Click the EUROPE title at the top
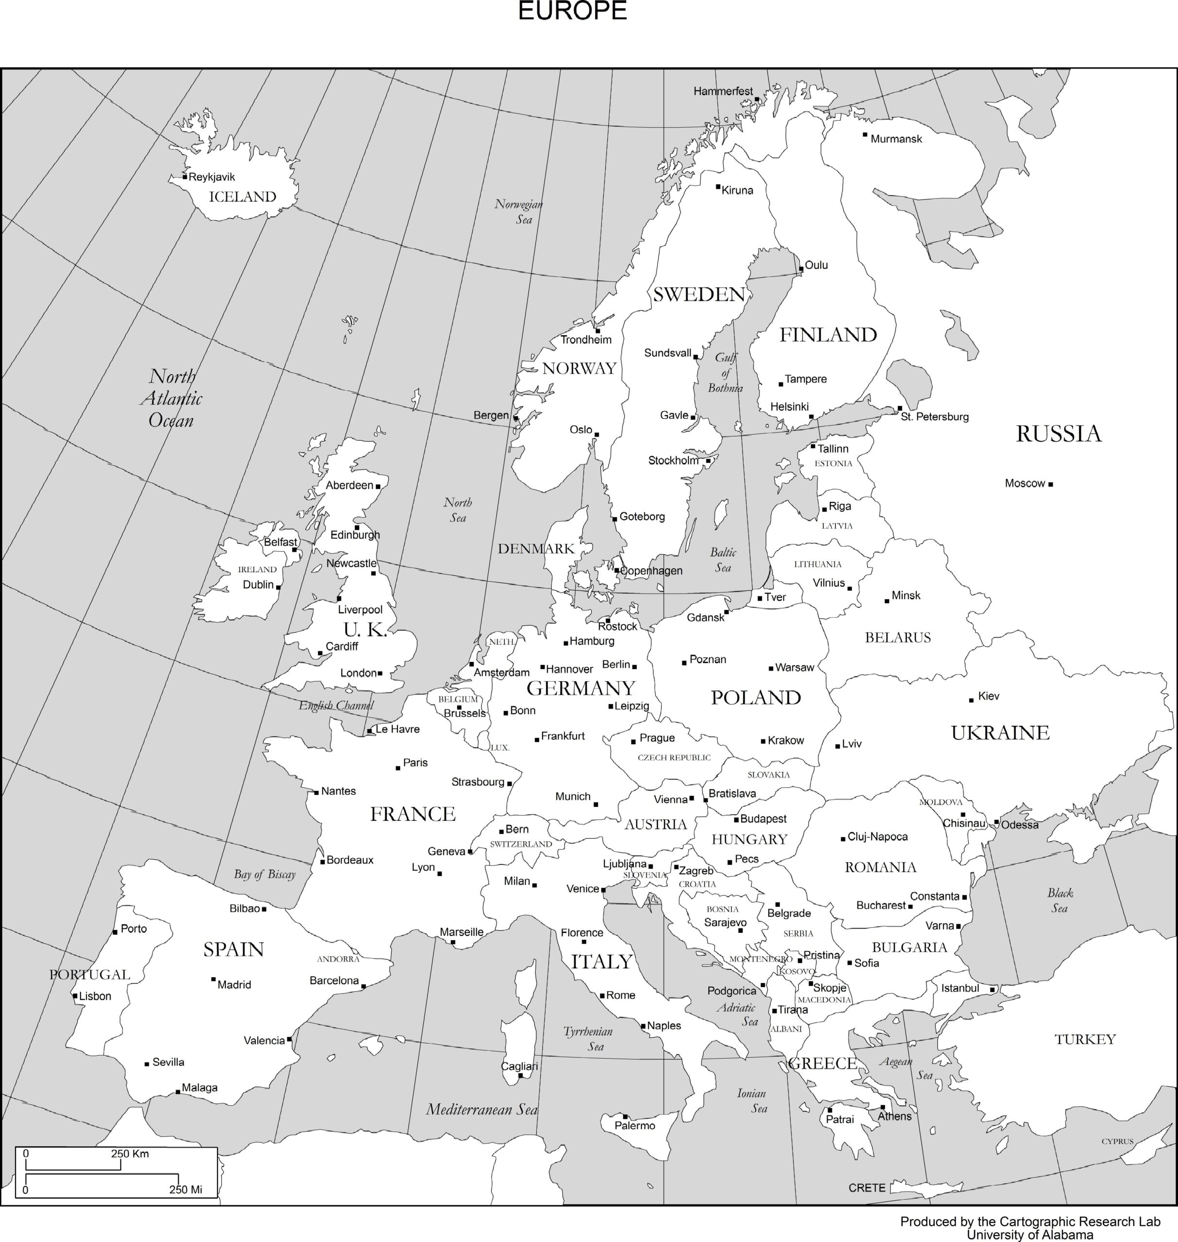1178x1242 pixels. (572, 11)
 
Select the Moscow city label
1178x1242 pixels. (1024, 483)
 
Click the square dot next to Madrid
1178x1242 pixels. (214, 979)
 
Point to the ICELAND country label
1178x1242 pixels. (242, 197)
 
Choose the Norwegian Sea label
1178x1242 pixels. (519, 212)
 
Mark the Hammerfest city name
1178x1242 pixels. (723, 92)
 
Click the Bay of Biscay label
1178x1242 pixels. (265, 874)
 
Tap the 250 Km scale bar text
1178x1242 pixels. (130, 1154)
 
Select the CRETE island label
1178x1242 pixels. (866, 1187)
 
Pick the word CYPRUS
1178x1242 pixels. (1117, 1141)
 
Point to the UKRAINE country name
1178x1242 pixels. (1000, 733)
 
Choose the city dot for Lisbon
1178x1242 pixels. (75, 996)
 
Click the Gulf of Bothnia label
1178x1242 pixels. (725, 373)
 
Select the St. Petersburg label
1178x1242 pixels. (934, 417)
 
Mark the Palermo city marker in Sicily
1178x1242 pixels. (626, 1116)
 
